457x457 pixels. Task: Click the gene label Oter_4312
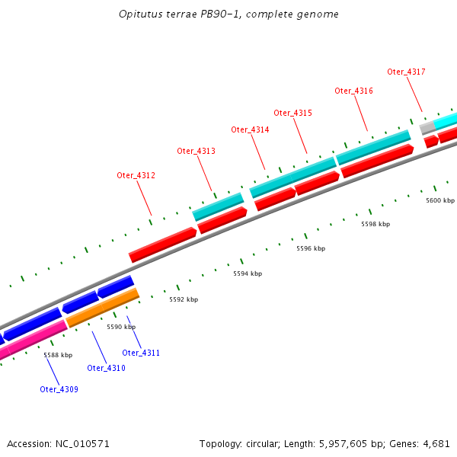pos(136,175)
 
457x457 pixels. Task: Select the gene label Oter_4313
pos(196,151)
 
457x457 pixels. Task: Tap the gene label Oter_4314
pos(250,129)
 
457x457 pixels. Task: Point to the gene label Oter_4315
pos(292,113)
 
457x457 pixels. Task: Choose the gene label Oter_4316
pos(353,91)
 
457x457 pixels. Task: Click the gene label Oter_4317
pos(406,72)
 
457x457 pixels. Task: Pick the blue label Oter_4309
pos(59,389)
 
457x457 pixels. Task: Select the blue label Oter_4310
pos(106,368)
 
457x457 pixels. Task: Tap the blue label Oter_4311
pos(141,353)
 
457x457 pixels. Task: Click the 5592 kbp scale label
pos(184,299)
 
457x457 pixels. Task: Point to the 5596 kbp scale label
pos(311,248)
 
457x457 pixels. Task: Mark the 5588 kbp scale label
pos(58,355)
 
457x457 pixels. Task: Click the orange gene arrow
pos(102,308)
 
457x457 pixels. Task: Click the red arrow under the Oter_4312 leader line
pos(162,244)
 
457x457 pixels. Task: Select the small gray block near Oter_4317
pos(427,128)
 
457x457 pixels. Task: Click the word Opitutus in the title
pos(140,14)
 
